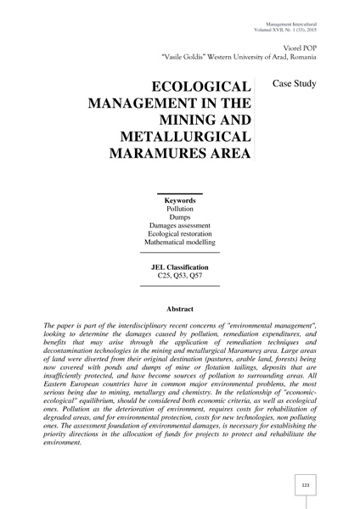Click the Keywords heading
tap(179, 200)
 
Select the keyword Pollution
tap(179, 211)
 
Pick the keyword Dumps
tap(179, 222)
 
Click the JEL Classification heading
tap(179, 267)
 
